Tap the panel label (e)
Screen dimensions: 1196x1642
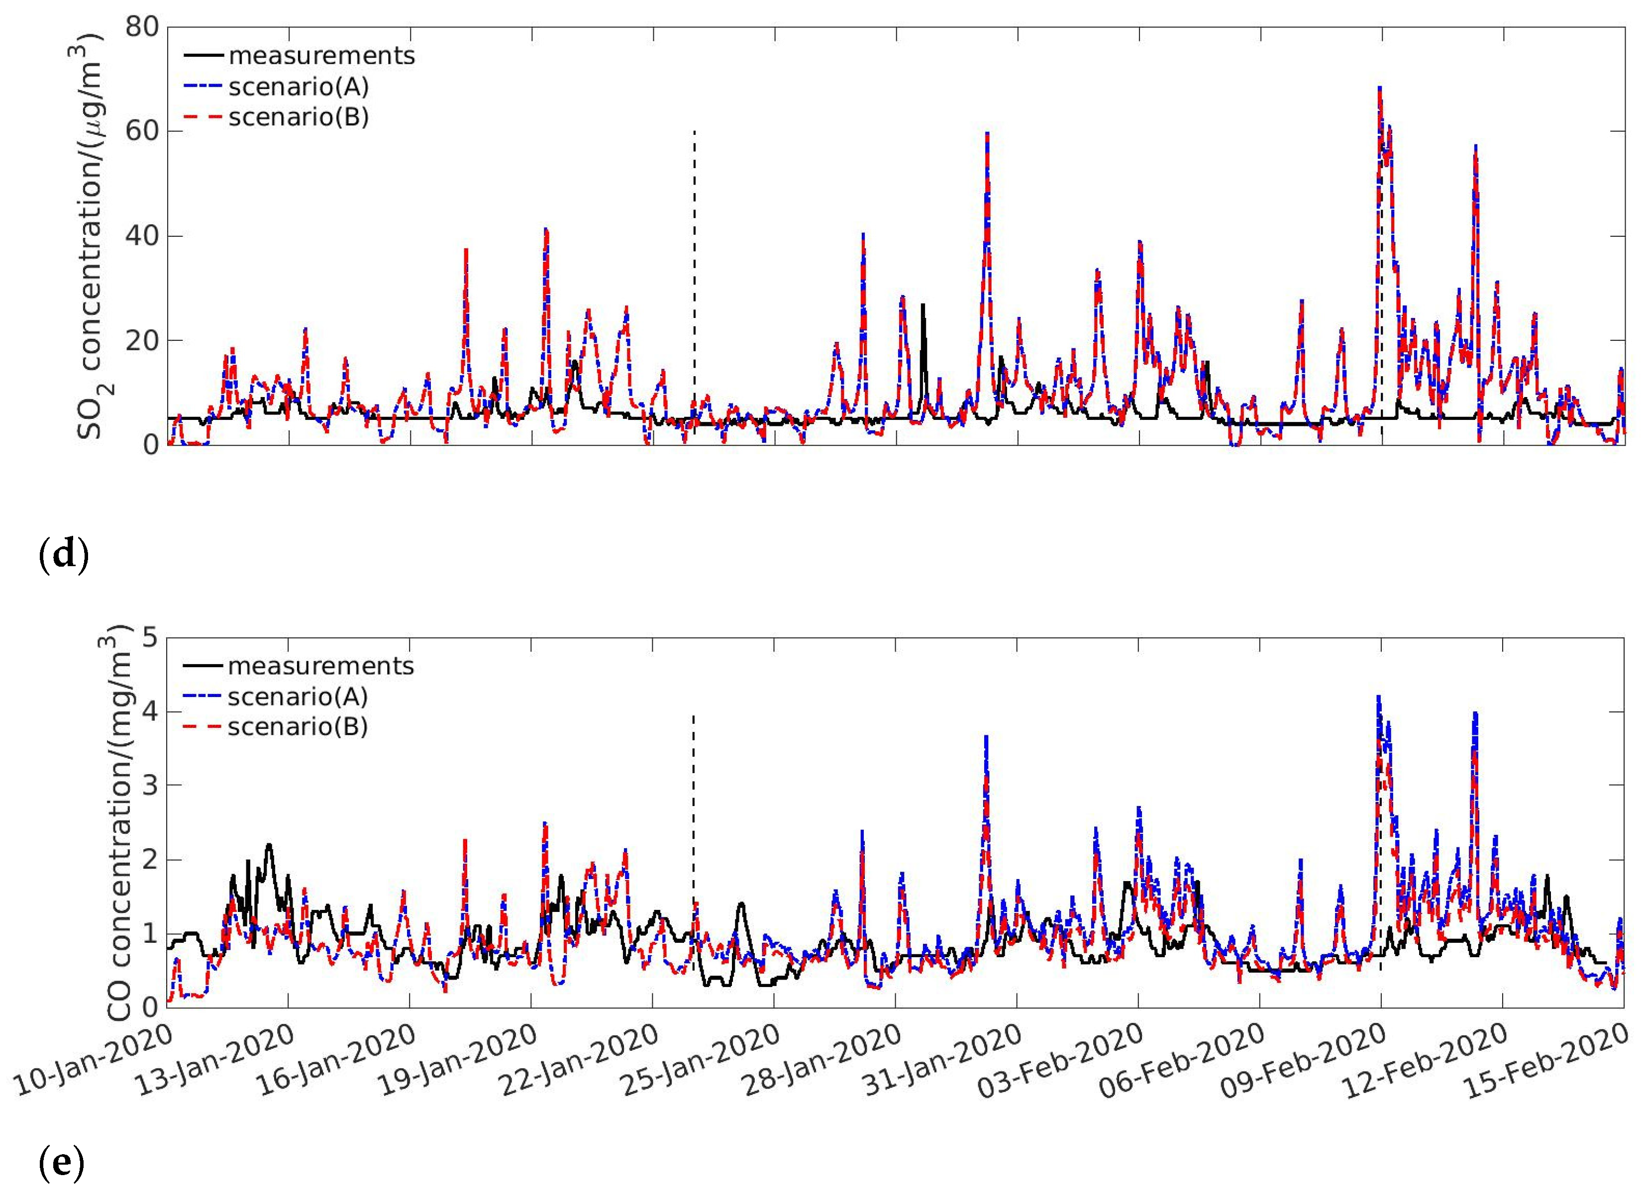coord(62,1163)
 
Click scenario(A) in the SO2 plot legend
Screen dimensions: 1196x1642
coord(298,87)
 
